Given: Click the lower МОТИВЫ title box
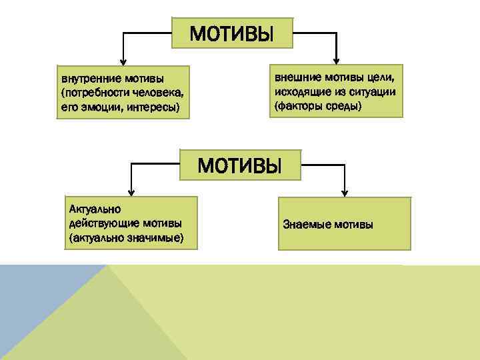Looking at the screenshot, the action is point(240,164).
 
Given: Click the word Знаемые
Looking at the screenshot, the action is point(307,224).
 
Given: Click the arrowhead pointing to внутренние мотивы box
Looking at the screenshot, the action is point(121,59).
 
